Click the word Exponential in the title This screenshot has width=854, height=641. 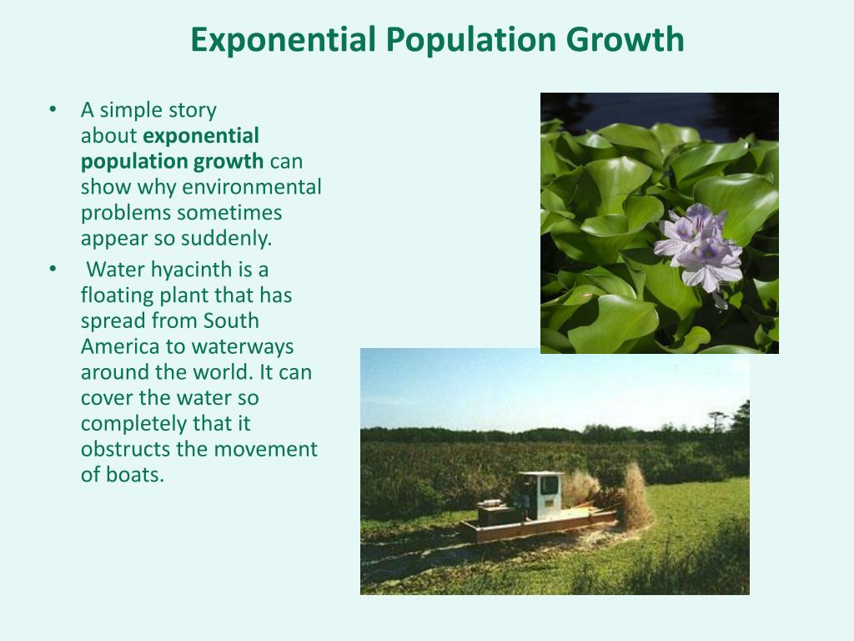(284, 40)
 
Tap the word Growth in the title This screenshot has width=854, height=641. (625, 39)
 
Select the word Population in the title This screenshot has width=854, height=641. (471, 41)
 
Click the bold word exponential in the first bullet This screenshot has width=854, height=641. (200, 136)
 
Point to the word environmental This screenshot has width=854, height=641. (252, 187)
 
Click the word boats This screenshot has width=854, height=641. (135, 475)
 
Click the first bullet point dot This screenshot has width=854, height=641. (53, 110)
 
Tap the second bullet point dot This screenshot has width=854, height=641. (53, 270)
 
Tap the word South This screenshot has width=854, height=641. (231, 320)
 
